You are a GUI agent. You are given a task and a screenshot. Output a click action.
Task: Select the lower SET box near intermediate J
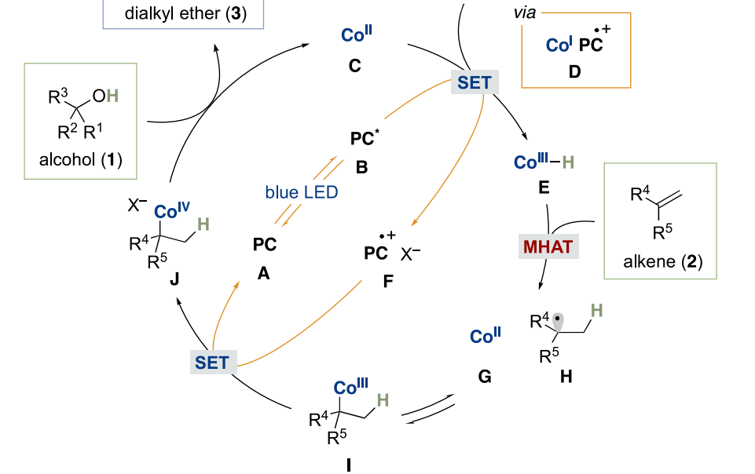pyautogui.click(x=212, y=362)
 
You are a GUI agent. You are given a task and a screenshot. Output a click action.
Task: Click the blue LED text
pyautogui.click(x=302, y=191)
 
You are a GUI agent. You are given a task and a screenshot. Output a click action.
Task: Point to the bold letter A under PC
pyautogui.click(x=264, y=272)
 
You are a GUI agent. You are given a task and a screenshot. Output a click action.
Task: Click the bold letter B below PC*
pyautogui.click(x=361, y=167)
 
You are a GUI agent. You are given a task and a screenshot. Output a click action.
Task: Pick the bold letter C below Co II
pyautogui.click(x=355, y=66)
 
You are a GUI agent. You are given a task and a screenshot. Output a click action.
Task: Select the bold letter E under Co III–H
pyautogui.click(x=544, y=189)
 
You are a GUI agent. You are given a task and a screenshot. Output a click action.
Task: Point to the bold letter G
pyautogui.click(x=484, y=377)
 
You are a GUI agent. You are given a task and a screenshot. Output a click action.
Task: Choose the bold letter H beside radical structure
pyautogui.click(x=566, y=377)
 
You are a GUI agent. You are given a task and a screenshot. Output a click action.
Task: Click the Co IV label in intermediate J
pyautogui.click(x=171, y=210)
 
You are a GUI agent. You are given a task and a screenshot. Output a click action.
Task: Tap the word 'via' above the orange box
pyautogui.click(x=524, y=13)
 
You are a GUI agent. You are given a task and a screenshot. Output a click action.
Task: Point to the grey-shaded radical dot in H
pyautogui.click(x=558, y=319)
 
